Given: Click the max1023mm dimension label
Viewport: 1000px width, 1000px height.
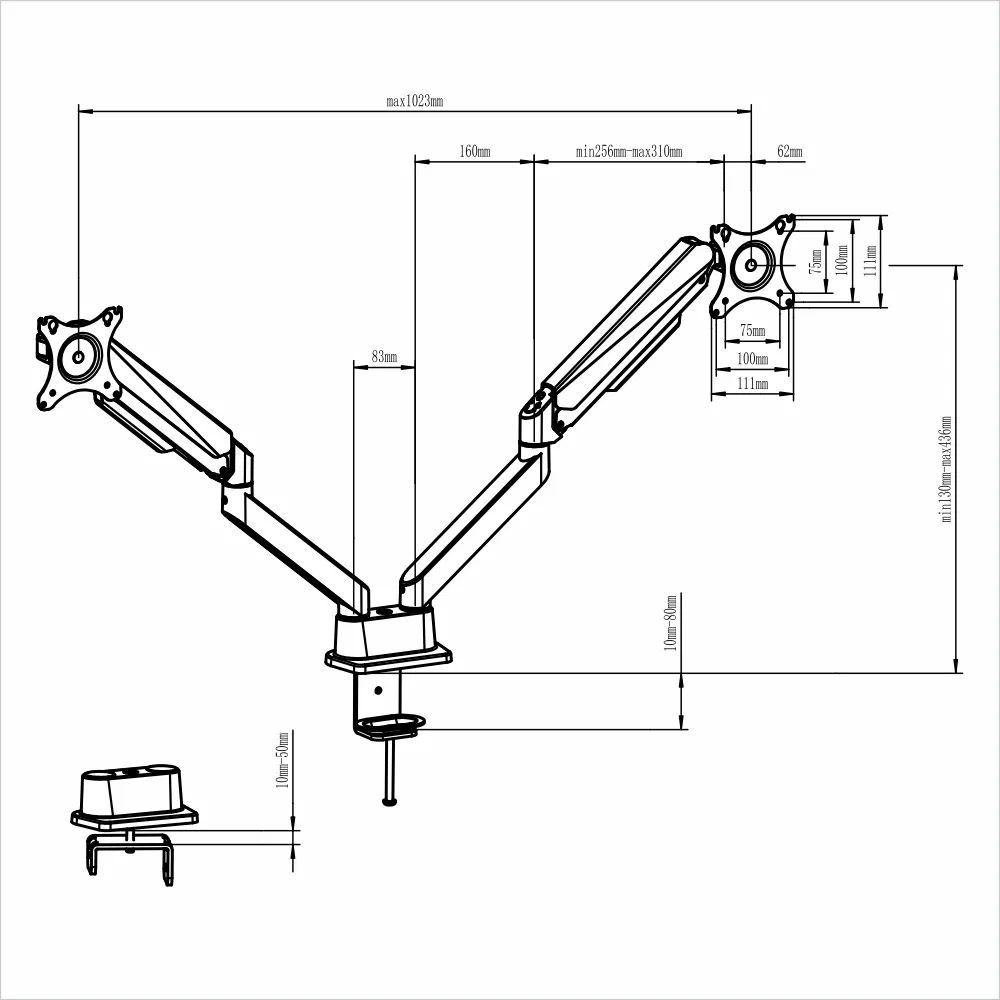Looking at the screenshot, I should pos(414,101).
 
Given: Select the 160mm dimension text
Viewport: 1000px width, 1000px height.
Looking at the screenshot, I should pos(474,152).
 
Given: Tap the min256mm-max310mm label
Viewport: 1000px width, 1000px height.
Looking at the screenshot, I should pos(629,152).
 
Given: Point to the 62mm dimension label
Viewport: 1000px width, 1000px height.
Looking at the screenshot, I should pos(789,152).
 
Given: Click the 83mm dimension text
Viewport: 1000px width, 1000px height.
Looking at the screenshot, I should pos(384,357).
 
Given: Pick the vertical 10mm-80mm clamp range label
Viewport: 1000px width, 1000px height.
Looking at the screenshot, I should pos(671,622).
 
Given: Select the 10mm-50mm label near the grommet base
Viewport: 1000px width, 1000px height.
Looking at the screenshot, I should pos(283,760).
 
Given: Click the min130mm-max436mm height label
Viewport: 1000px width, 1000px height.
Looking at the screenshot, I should pos(946,470).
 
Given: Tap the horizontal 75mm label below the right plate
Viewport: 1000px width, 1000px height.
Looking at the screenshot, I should pos(752,331).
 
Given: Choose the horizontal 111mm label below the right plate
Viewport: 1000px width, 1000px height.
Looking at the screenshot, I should pos(752,384).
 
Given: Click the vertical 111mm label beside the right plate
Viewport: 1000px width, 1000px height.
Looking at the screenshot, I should pos(870,261).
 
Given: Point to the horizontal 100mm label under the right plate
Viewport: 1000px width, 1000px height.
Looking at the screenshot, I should pos(752,358).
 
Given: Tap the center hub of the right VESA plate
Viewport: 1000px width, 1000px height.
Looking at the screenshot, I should pos(752,265).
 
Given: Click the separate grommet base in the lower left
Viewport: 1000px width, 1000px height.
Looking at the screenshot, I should pos(133,795).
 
